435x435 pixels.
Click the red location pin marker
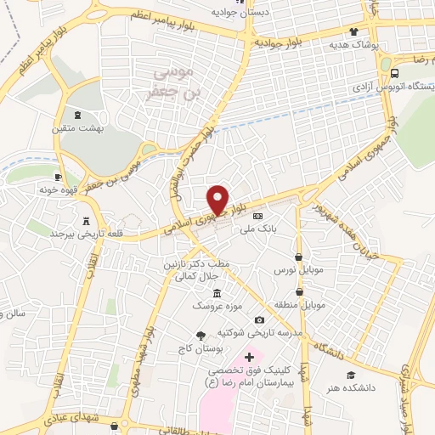pyautogui.click(x=218, y=200)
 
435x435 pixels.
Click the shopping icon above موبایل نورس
pyautogui.click(x=297, y=257)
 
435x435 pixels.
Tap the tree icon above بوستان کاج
pyautogui.click(x=201, y=336)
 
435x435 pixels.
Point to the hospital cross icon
pyautogui.click(x=249, y=357)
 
